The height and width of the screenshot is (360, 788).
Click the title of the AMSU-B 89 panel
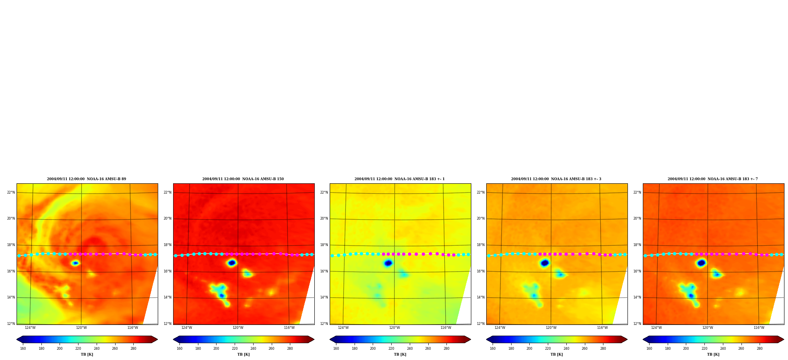[87, 179]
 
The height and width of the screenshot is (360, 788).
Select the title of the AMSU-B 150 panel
[243, 179]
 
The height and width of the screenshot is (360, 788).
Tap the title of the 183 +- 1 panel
[400, 179]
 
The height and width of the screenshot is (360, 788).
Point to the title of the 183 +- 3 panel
[556, 179]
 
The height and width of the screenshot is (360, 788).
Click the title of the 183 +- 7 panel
[713, 179]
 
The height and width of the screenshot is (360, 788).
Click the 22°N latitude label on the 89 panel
[11, 192]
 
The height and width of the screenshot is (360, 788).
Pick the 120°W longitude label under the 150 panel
[238, 328]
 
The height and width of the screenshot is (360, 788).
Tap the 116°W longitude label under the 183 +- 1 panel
[446, 328]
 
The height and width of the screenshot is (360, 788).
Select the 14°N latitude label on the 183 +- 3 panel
[481, 297]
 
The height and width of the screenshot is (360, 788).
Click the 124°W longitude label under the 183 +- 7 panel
[656, 328]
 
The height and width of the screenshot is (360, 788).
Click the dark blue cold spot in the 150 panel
[232, 263]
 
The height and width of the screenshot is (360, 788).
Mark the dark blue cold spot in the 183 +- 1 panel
[388, 263]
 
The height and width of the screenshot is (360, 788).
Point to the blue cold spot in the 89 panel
[75, 263]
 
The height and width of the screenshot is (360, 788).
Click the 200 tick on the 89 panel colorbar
[60, 349]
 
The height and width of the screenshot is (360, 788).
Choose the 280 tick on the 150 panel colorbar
[290, 349]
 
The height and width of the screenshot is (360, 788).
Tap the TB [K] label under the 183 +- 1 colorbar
[400, 354]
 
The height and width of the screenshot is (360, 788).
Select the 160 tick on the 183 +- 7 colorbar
[649, 349]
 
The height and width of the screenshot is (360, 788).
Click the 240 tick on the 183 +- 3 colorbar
[566, 349]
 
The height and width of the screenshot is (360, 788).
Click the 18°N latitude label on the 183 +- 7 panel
[637, 245]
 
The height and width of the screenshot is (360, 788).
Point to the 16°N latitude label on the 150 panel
[168, 271]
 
